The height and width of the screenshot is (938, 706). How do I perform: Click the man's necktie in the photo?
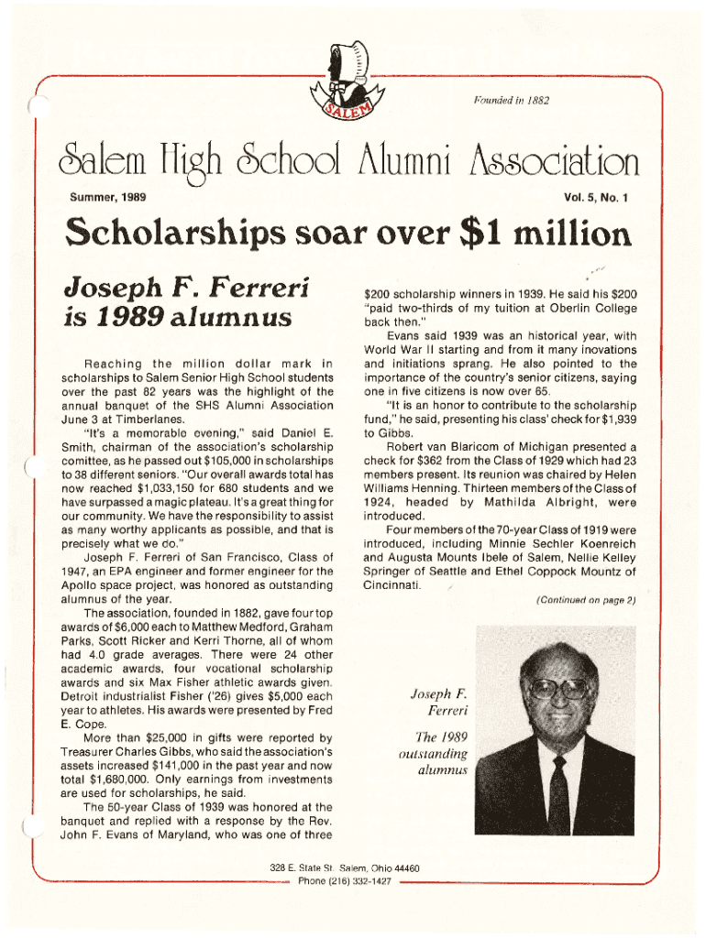[x=557, y=798]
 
